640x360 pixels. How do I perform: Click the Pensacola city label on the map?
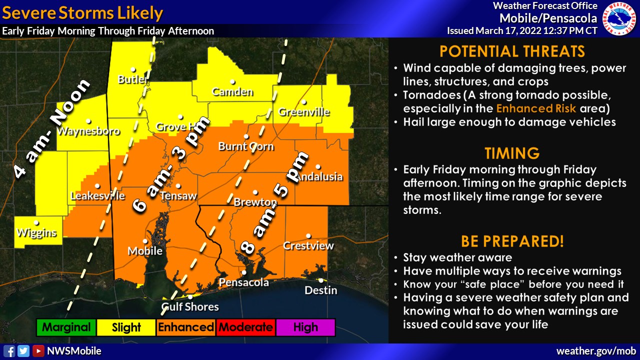244,283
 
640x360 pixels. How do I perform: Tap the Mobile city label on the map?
145,251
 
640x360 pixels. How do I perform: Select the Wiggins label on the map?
36,233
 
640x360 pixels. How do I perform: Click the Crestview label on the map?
308,246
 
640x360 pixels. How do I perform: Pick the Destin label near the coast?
321,290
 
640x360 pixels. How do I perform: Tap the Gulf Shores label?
190,307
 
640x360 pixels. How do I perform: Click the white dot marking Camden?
232,81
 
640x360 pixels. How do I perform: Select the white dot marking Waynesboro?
88,120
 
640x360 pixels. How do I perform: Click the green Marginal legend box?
66,328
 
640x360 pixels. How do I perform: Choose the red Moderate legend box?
245,328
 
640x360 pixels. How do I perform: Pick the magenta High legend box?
305,328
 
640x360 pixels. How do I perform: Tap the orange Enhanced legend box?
186,328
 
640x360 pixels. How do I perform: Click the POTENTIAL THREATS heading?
512,51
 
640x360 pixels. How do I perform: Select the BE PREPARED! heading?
512,241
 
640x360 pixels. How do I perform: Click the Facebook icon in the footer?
9,351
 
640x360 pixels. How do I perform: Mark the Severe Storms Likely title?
82,13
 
